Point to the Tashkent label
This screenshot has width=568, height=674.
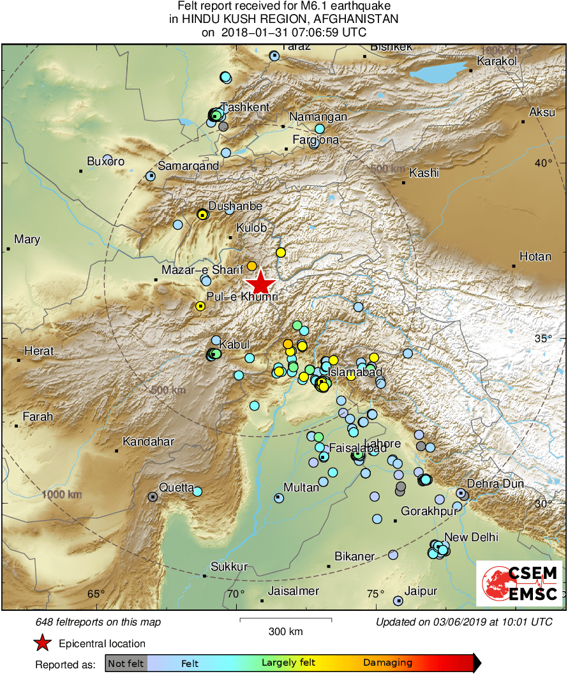(x=245, y=107)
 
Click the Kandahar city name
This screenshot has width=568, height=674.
(x=148, y=442)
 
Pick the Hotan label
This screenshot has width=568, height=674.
(x=535, y=257)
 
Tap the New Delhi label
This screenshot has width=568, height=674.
(x=471, y=537)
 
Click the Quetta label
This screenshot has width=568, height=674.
(x=176, y=488)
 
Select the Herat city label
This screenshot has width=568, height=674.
(x=39, y=351)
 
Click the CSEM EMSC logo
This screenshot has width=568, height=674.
(x=520, y=583)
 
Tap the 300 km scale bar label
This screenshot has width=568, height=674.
(x=285, y=632)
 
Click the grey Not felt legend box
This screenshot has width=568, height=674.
(x=126, y=663)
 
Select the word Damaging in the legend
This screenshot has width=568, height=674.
(x=387, y=663)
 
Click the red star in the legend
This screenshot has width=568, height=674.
(x=43, y=643)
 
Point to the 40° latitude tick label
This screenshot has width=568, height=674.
(x=544, y=163)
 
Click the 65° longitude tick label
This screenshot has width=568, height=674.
(x=96, y=594)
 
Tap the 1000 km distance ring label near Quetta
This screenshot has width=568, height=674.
(x=61, y=495)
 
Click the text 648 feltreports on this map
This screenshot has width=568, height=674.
(x=98, y=622)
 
